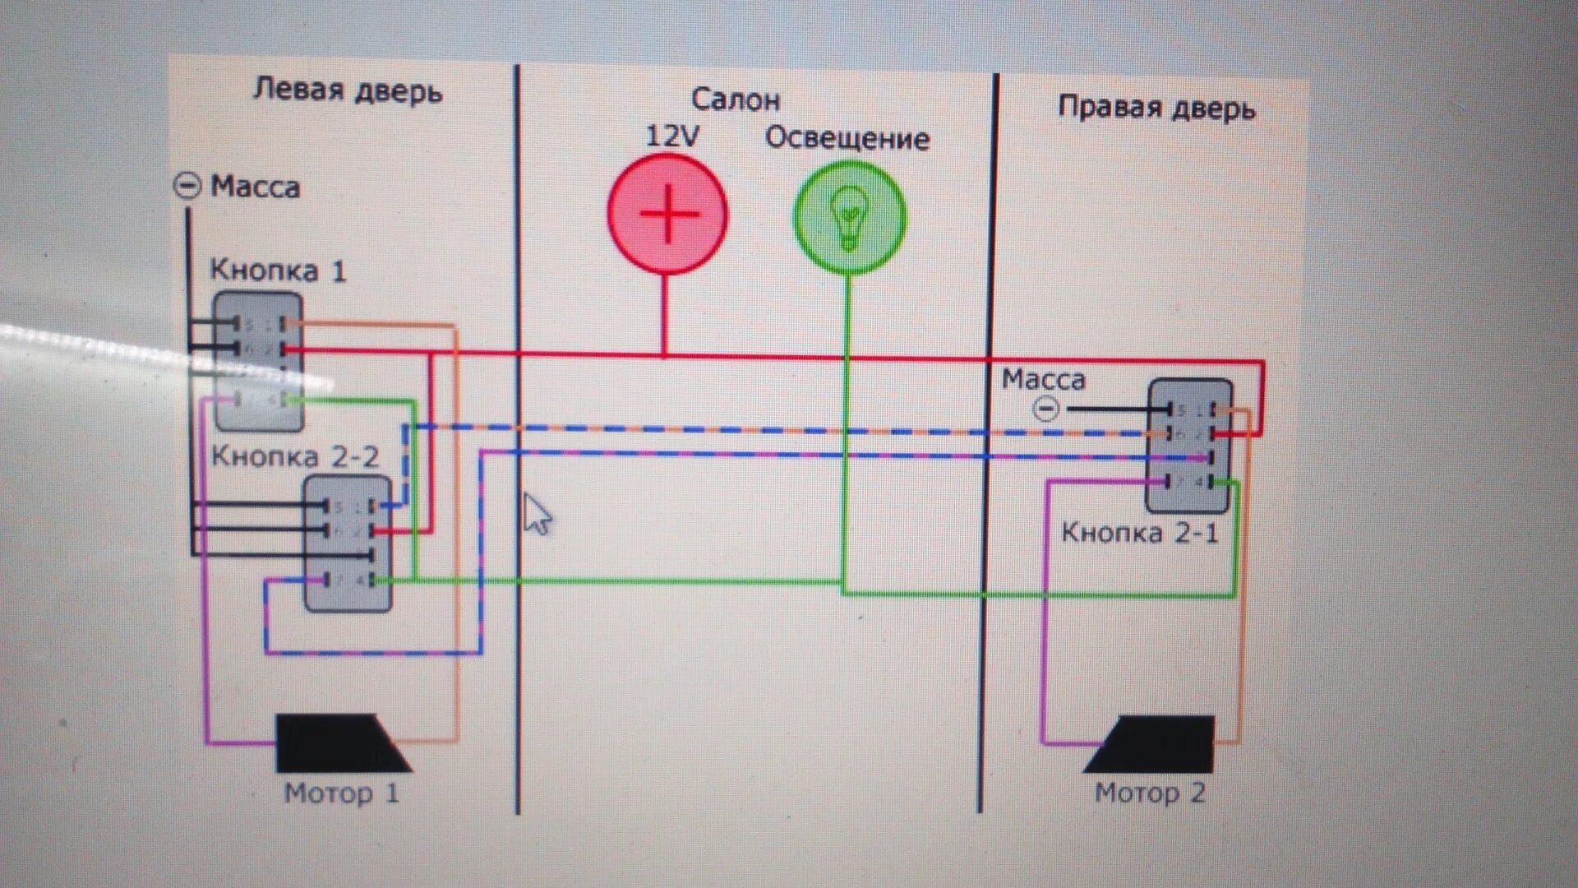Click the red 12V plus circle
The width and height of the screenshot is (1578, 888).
click(667, 214)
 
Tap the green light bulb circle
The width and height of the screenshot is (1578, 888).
click(850, 216)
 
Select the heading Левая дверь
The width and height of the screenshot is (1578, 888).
click(347, 90)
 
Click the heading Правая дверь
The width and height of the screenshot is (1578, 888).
click(1156, 108)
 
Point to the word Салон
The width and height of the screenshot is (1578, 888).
click(735, 99)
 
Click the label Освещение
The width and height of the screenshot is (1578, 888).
click(847, 138)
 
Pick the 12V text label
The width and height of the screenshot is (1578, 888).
click(671, 136)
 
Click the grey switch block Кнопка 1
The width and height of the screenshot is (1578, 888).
click(259, 362)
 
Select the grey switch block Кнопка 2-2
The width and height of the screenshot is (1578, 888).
click(348, 543)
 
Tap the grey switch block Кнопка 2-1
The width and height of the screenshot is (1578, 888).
click(1189, 446)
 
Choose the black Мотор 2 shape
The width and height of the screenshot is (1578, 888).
click(1154, 744)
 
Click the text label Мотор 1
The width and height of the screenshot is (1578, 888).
click(341, 793)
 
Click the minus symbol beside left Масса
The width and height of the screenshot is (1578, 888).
click(187, 186)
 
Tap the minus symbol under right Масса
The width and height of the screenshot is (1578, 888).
click(1045, 409)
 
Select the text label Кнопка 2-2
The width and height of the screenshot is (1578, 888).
click(295, 456)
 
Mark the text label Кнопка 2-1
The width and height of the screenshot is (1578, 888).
click(1139, 533)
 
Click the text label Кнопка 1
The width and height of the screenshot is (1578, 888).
click(278, 271)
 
